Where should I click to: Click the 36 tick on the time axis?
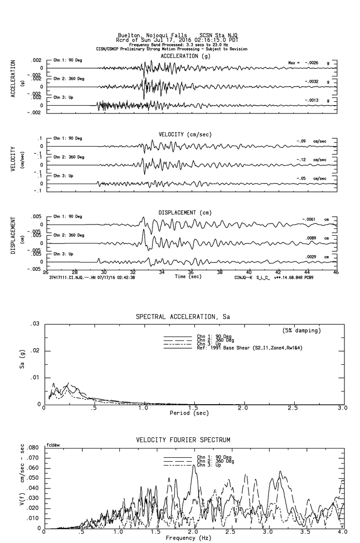pos(191,272)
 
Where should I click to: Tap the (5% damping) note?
pos(301,331)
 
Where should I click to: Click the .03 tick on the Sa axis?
pos(36,324)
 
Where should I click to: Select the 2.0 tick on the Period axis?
pos(243,408)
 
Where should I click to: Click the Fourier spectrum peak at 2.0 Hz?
pos(194,465)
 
